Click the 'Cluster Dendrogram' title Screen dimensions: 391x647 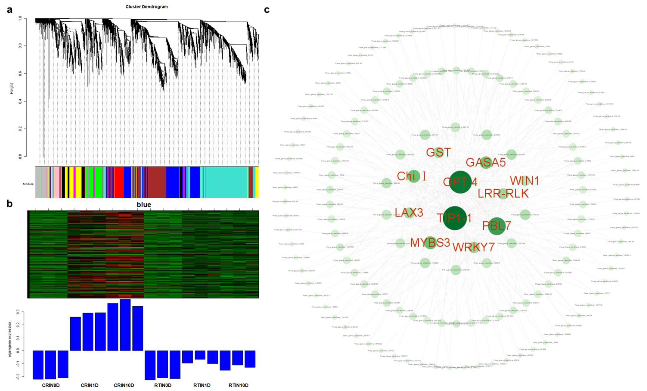(x=146, y=7)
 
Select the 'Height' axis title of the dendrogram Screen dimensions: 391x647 (x=12, y=89)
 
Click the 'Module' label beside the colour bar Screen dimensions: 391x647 (x=28, y=184)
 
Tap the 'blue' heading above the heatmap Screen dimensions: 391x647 (x=144, y=205)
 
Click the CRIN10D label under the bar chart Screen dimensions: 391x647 (x=124, y=385)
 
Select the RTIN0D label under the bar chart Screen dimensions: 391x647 (x=163, y=385)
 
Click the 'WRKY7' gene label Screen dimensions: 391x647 (x=473, y=247)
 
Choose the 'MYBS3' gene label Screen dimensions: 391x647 (x=430, y=243)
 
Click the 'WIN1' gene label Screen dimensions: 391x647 (x=524, y=181)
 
